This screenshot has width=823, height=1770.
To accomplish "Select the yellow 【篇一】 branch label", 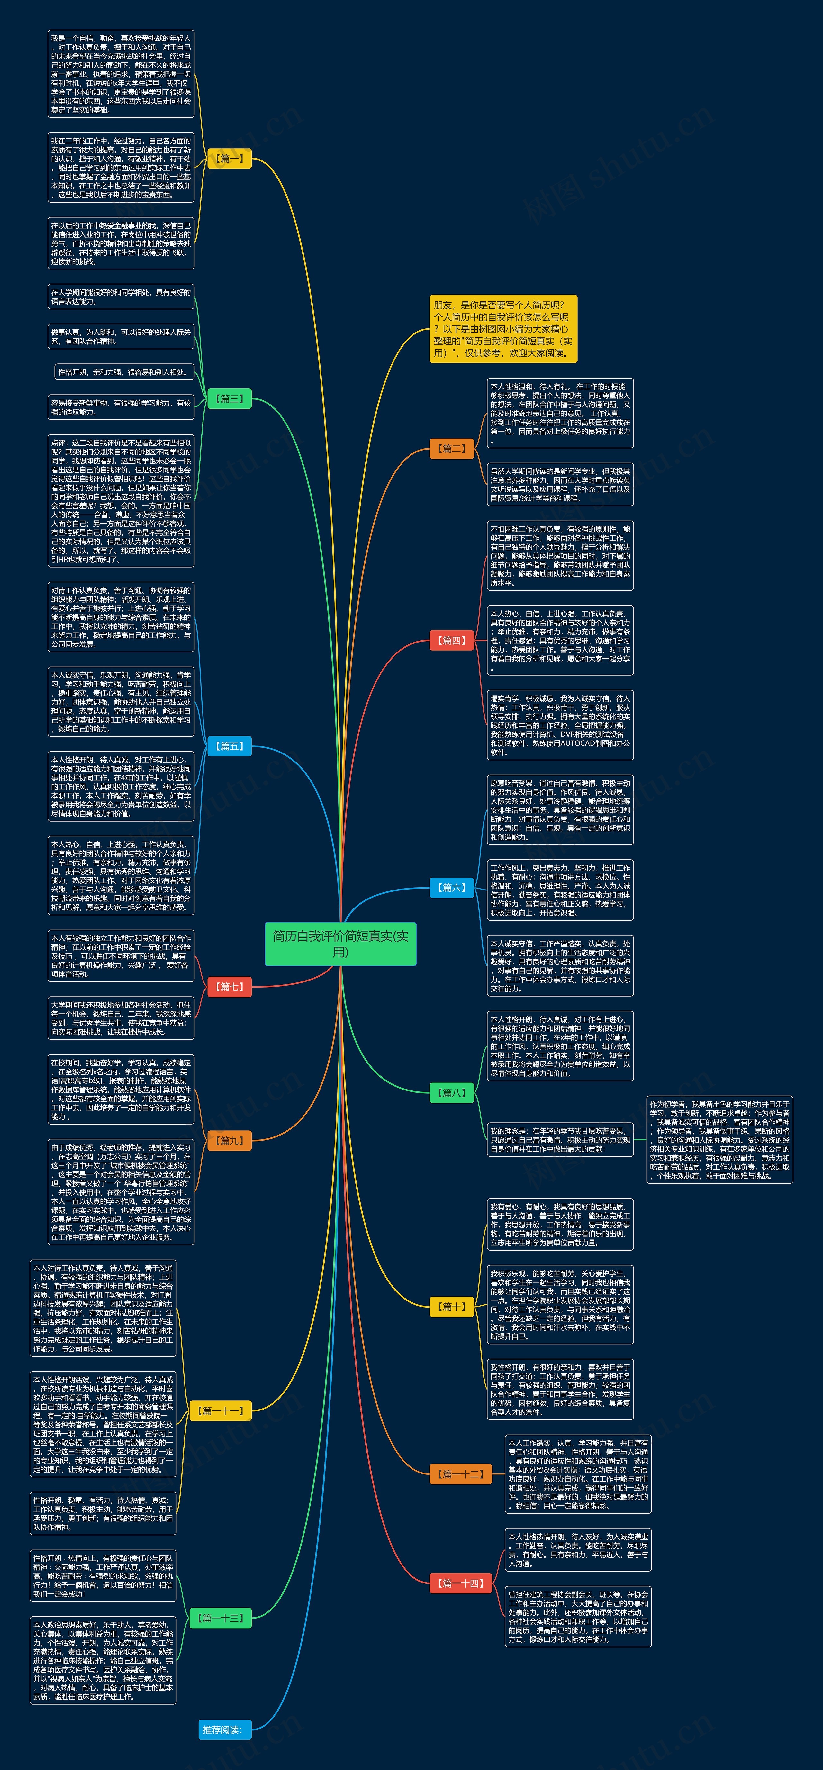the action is tap(230, 159).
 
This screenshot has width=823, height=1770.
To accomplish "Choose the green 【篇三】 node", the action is tap(230, 398).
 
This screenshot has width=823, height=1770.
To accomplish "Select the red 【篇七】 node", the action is tap(230, 987).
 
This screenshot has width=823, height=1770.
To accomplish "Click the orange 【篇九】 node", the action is tap(230, 1141).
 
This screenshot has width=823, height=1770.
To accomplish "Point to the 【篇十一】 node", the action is tap(221, 1411).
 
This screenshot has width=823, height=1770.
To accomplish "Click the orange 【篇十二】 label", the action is tap(460, 1474).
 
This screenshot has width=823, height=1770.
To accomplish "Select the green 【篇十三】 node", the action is tap(221, 1618).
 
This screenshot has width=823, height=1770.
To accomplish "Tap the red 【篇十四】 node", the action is tap(460, 1583).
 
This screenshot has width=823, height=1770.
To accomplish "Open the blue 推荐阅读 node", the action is tap(221, 1729).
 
